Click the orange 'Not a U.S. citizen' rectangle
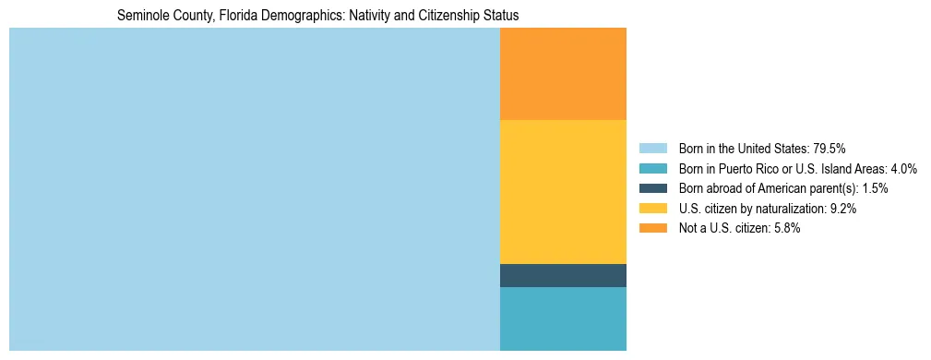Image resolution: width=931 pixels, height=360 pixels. pyautogui.click(x=563, y=74)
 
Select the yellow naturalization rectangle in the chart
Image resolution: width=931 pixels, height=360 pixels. pyautogui.click(x=563, y=192)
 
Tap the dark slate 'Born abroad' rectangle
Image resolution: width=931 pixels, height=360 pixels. pyautogui.click(x=563, y=275)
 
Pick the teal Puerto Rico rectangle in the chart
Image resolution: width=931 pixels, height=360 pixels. pyautogui.click(x=563, y=318)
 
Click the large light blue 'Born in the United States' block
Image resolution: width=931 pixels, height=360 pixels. pyautogui.click(x=254, y=189)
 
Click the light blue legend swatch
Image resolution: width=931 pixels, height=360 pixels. pyautogui.click(x=652, y=148)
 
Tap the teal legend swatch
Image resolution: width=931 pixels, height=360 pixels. pyautogui.click(x=652, y=168)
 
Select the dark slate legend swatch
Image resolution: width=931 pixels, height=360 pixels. pyautogui.click(x=652, y=188)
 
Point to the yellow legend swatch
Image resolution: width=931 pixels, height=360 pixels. pyautogui.click(x=652, y=209)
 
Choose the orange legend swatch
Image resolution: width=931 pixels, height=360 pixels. pyautogui.click(x=652, y=229)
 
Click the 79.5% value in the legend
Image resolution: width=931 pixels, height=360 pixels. pyautogui.click(x=830, y=148)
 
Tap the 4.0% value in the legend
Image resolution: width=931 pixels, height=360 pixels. pyautogui.click(x=902, y=168)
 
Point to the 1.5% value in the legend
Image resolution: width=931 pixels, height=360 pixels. pyautogui.click(x=875, y=188)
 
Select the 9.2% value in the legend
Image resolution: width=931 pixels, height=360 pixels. pyautogui.click(x=842, y=209)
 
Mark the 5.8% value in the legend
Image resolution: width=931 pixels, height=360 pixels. pyautogui.click(x=786, y=229)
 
